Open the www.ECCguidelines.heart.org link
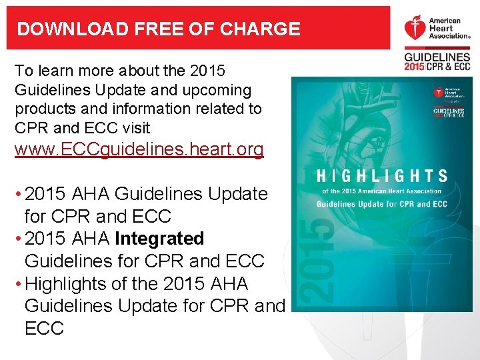tap(139, 149)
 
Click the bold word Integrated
tap(159, 239)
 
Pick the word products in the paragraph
tap(42, 109)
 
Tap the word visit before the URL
tap(133, 127)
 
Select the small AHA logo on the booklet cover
tap(438, 93)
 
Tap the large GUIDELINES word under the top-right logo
tap(437, 58)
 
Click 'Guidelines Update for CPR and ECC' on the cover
tap(381, 204)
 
